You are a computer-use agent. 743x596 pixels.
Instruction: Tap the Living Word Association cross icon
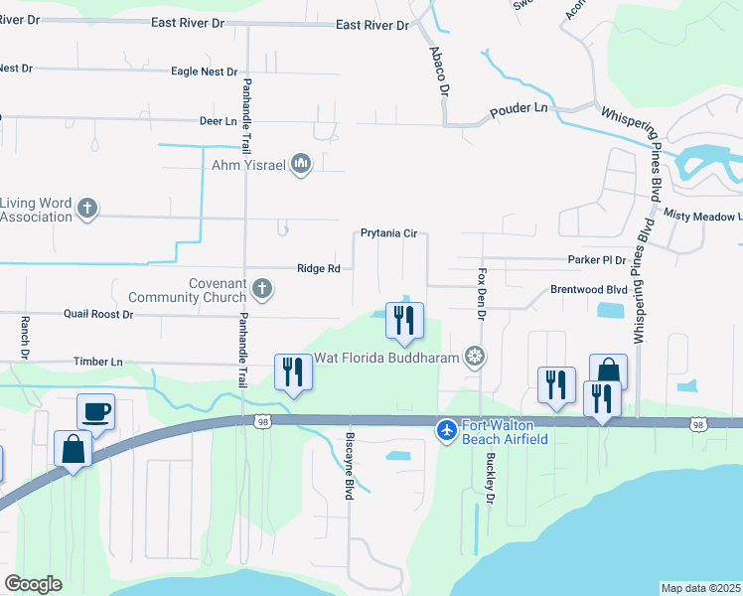tap(87, 209)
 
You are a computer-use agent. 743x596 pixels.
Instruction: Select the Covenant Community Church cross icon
tap(262, 289)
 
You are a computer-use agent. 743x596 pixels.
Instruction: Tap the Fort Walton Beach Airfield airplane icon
tap(447, 430)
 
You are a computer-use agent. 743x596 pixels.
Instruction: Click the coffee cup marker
tap(96, 411)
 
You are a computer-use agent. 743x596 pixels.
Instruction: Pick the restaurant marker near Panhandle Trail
tap(293, 372)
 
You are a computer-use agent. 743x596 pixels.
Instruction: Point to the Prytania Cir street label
tap(388, 234)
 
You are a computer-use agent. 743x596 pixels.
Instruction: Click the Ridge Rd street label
tap(319, 268)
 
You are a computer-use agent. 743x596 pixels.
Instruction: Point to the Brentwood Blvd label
tap(589, 290)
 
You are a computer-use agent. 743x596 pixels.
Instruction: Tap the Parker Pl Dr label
tap(597, 260)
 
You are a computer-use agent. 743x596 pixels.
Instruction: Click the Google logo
tap(33, 584)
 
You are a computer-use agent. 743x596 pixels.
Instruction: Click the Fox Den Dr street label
tap(481, 293)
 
